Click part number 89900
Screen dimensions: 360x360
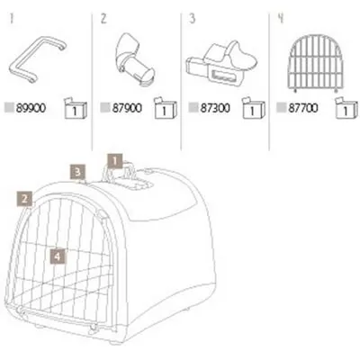pyautogui.click(x=31, y=108)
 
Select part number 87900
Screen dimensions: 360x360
pyautogui.click(x=127, y=108)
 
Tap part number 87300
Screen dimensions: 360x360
pyautogui.click(x=215, y=108)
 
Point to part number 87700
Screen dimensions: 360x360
pyautogui.click(x=303, y=108)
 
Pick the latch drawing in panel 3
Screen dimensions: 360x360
pyautogui.click(x=222, y=61)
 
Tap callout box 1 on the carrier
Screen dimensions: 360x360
pyautogui.click(x=115, y=161)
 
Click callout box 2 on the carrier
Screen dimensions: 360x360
pyautogui.click(x=25, y=199)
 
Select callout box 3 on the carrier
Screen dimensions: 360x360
pyautogui.click(x=77, y=172)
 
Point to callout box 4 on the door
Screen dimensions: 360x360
pyautogui.click(x=58, y=256)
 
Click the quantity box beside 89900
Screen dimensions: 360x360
pyautogui.click(x=76, y=108)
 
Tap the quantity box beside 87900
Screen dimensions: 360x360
pyautogui.click(x=166, y=108)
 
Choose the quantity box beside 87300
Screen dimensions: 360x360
pyautogui.click(x=254, y=108)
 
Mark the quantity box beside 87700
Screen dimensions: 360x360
pyautogui.click(x=346, y=108)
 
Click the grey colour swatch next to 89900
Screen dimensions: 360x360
pyautogui.click(x=9, y=108)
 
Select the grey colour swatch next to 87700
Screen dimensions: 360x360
pyautogui.click(x=281, y=108)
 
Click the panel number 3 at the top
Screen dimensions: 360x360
pyautogui.click(x=193, y=19)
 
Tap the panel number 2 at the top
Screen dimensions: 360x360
pyautogui.click(x=103, y=19)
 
